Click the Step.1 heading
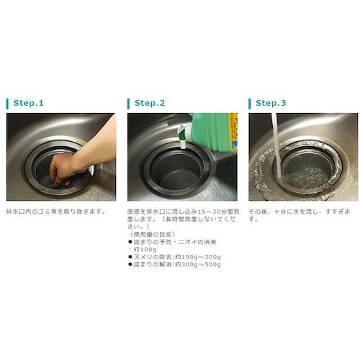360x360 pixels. [x=29, y=103]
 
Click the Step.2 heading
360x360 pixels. [x=150, y=103]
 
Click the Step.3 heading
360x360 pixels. [x=271, y=103]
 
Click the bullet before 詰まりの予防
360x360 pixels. [x=130, y=242]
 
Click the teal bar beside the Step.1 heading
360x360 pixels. [x=7, y=103]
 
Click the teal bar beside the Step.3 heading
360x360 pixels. [x=249, y=103]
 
